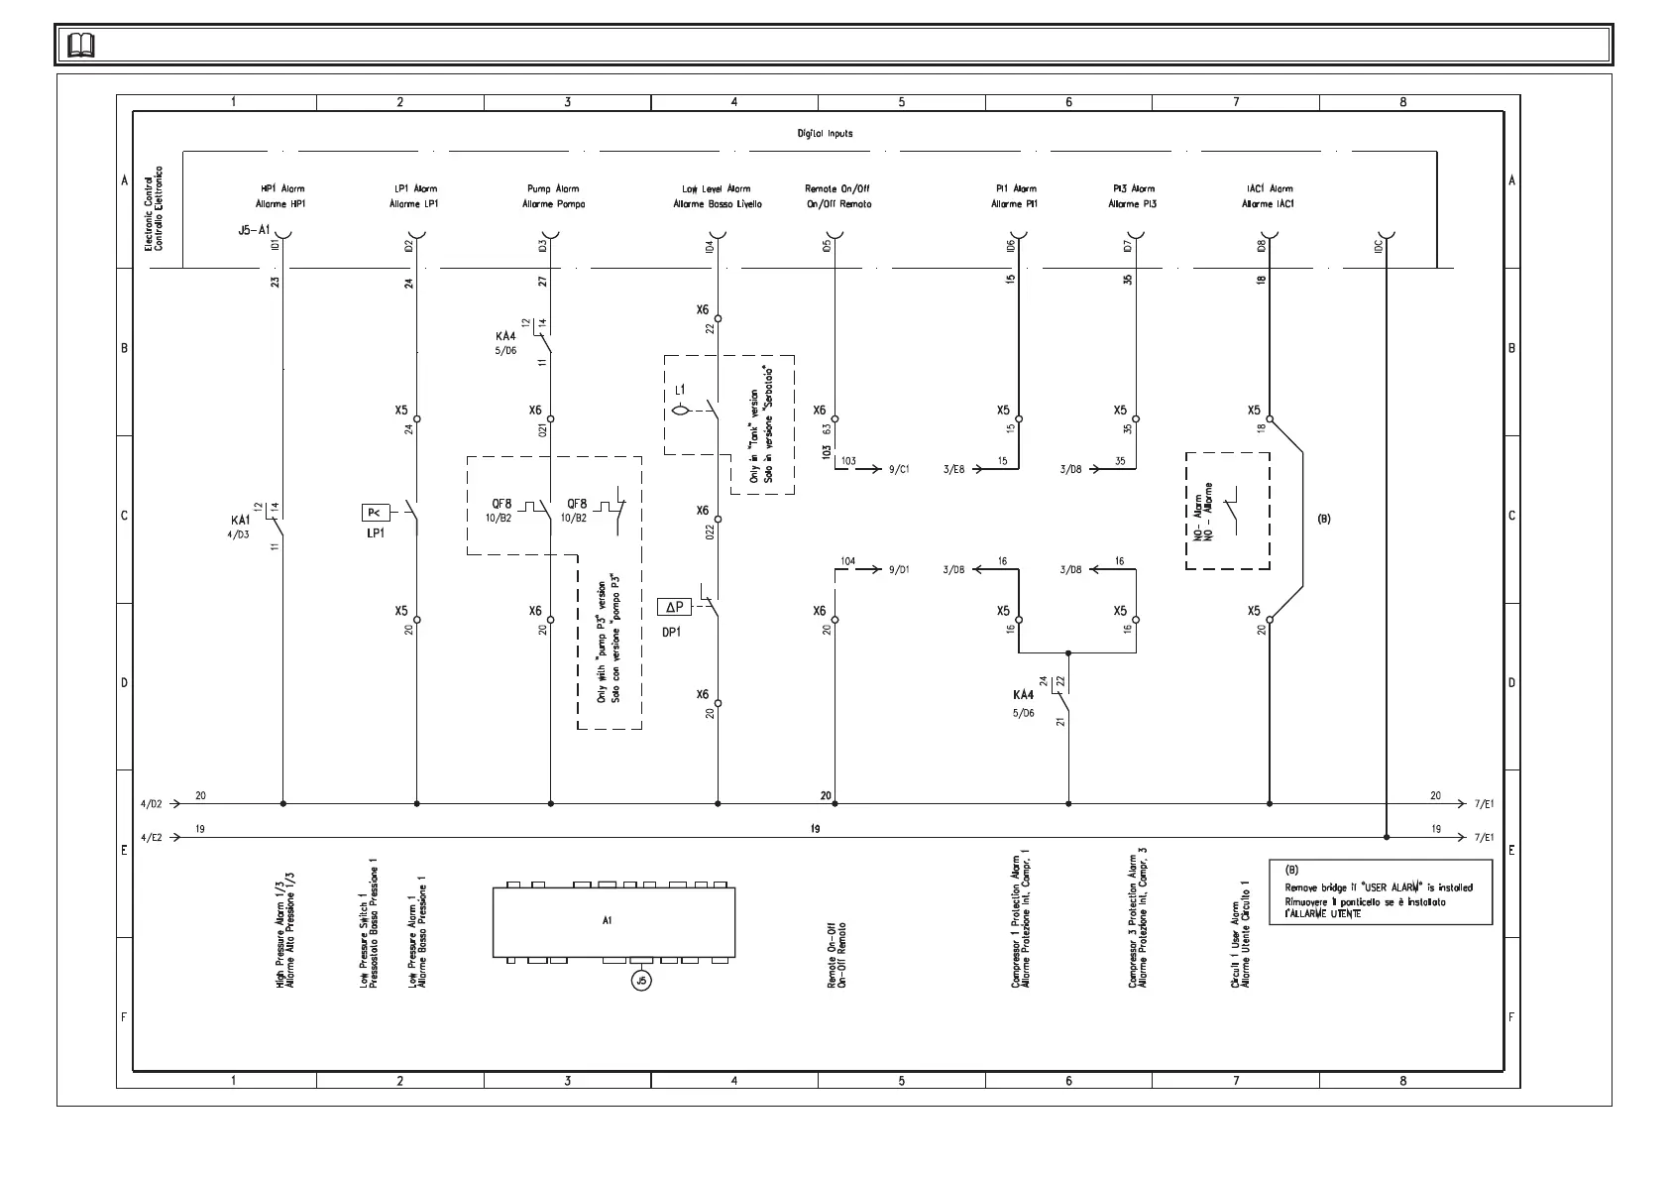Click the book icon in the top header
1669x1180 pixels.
point(81,46)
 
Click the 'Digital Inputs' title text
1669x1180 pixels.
point(825,133)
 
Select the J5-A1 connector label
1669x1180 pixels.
point(254,229)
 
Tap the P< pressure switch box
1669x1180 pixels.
point(376,513)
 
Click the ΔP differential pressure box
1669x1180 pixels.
point(674,607)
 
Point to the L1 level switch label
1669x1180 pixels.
point(679,391)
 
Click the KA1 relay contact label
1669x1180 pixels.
point(241,521)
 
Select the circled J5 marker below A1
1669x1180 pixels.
point(641,981)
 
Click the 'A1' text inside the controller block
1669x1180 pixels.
point(608,920)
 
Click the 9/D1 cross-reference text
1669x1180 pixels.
point(899,570)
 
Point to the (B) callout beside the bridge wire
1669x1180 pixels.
point(1323,519)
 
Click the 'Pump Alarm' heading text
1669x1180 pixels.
point(553,188)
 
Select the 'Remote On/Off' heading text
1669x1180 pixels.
point(837,188)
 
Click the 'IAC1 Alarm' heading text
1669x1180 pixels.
point(1268,188)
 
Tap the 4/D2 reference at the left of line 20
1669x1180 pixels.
point(153,804)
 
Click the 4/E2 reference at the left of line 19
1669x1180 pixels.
point(153,838)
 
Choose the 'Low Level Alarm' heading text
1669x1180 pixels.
point(717,188)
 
